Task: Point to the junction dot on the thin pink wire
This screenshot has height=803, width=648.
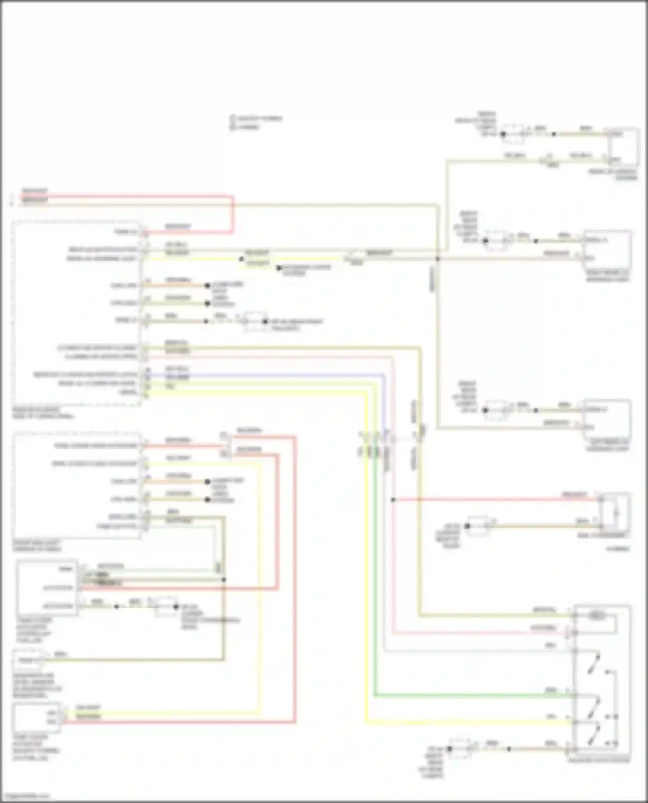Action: [393, 500]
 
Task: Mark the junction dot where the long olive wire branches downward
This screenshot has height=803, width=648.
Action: [438, 259]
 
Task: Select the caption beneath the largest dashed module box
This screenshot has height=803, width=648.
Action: [43, 413]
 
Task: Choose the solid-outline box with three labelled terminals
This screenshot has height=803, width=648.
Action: [48, 587]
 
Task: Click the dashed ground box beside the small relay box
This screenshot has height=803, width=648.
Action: [478, 526]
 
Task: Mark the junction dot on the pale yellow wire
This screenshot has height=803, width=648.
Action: [241, 259]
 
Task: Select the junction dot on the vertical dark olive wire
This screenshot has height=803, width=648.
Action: [223, 579]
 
